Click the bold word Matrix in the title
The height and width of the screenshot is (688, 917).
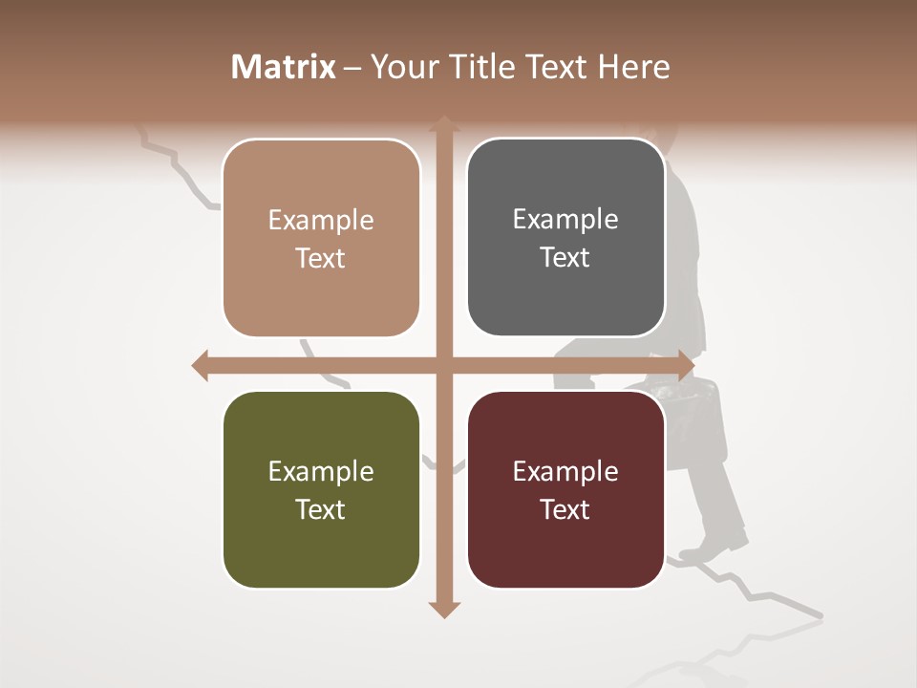(284, 67)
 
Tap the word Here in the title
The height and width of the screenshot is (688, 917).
(633, 67)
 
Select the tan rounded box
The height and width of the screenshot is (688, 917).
(321, 238)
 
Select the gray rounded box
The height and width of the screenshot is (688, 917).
(565, 237)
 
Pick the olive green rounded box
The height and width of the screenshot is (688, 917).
(321, 489)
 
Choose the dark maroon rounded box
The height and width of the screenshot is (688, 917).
(565, 489)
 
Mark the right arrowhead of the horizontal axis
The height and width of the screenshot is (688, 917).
(686, 365)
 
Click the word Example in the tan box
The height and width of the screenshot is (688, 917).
(321, 221)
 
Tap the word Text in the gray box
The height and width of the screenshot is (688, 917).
(565, 257)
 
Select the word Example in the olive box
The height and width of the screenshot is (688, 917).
(321, 471)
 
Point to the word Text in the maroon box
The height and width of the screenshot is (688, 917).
(565, 509)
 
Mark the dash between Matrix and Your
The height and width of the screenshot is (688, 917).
(352, 68)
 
